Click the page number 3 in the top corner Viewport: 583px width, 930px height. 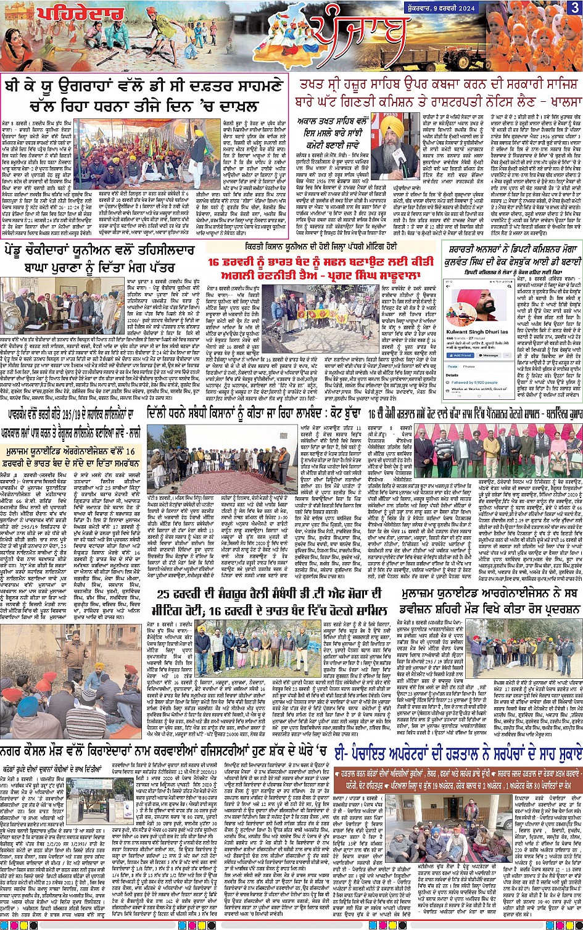click(x=574, y=7)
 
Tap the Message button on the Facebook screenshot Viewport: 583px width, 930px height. click(x=490, y=355)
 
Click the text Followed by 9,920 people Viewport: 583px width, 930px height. click(x=478, y=383)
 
